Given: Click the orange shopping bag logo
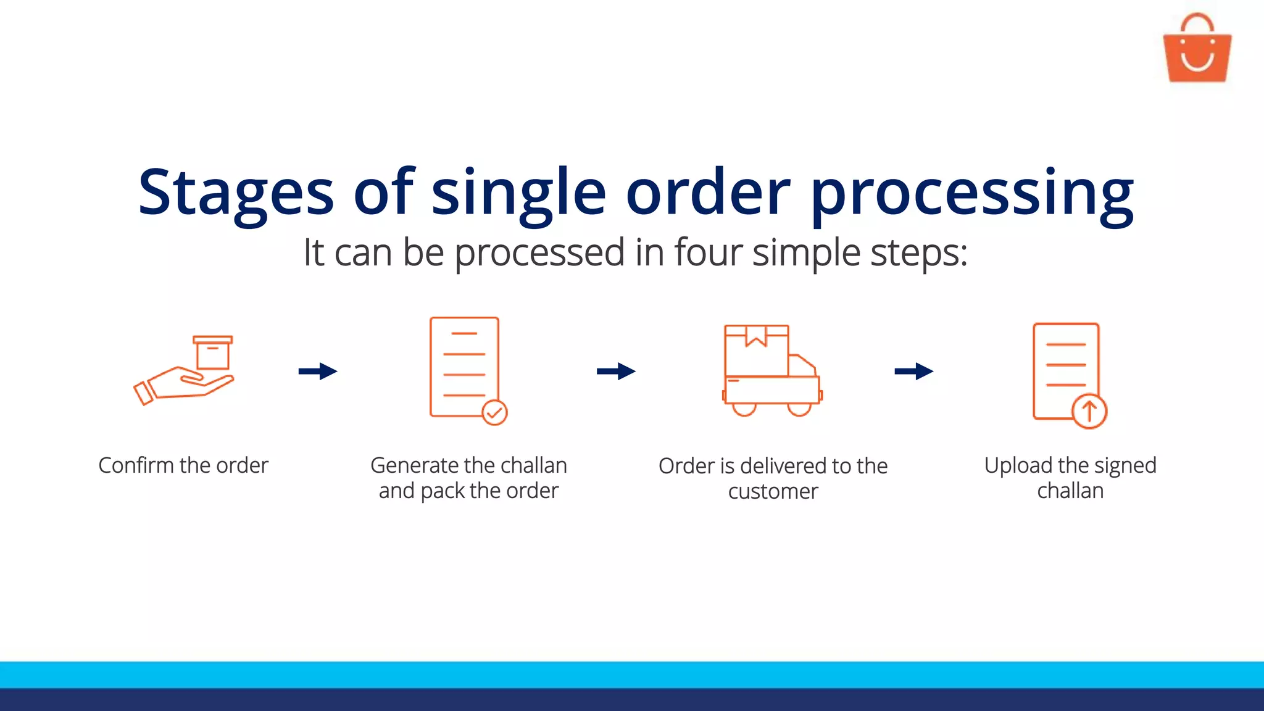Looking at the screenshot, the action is (1197, 49).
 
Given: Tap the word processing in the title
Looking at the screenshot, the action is (972, 193).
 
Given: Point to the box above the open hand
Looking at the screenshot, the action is (213, 352).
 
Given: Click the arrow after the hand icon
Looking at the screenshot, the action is (318, 371).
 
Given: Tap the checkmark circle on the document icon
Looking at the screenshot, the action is (494, 412).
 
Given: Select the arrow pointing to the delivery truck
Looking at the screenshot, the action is (616, 371).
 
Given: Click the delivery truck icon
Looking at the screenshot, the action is (772, 371).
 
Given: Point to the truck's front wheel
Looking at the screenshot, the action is (799, 409).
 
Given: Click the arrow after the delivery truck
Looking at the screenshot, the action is (914, 371).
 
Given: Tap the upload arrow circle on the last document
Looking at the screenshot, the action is (1089, 411).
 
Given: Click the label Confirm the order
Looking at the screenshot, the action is (183, 465).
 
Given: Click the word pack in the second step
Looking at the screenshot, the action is (443, 491).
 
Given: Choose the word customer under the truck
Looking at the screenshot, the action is (773, 492).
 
